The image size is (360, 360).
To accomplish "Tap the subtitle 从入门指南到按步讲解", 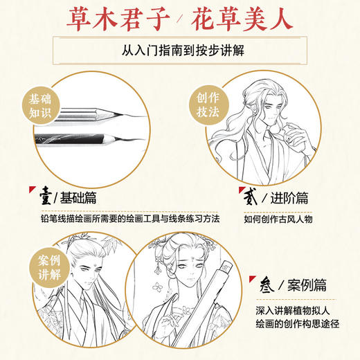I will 179,52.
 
